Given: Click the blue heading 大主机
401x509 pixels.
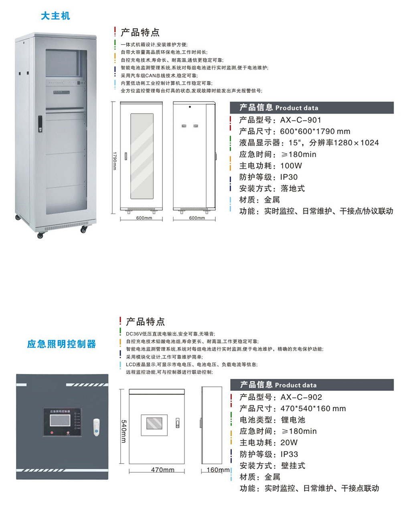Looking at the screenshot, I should pos(55,16).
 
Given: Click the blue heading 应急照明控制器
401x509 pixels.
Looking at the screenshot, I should pos(62,344).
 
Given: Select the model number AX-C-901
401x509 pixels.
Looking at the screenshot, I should pos(301,120).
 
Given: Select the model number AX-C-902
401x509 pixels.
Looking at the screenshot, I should pos(301,397).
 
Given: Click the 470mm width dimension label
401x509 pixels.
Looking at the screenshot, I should pos(162,470).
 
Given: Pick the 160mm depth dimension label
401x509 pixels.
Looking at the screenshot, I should pos(218,470).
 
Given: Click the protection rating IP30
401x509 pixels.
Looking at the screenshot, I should pos(289,177).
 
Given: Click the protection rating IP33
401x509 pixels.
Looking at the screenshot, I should pos(289,454).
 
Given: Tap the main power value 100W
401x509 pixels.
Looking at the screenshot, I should pos(291,166).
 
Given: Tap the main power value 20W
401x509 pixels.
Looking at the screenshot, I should pos(289,443).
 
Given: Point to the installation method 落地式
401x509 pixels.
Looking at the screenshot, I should pos(293,188).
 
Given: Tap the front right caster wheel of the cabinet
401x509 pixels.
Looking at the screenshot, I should pos(84,230).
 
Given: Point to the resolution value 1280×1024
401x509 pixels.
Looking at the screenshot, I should pos(356,143).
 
